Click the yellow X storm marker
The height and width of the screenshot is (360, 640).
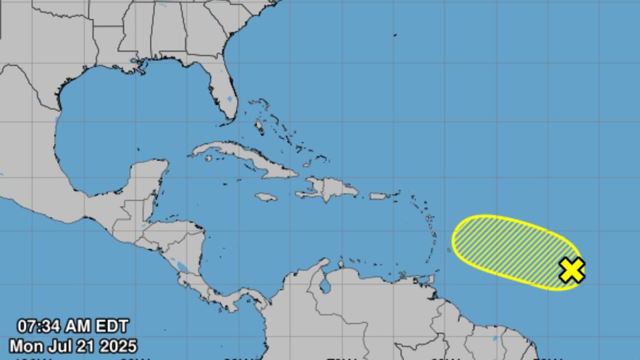pyautogui.click(x=571, y=270)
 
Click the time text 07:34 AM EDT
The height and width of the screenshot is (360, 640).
pyautogui.click(x=73, y=326)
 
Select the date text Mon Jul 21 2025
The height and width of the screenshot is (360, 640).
pyautogui.click(x=73, y=346)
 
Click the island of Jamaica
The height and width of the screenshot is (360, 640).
pyautogui.click(x=266, y=197)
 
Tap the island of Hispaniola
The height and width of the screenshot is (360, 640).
pyautogui.click(x=329, y=189)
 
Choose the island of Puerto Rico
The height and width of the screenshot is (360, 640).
pyautogui.click(x=378, y=196)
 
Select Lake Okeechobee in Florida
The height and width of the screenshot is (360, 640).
pyautogui.click(x=230, y=100)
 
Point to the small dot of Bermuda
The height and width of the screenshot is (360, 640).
pyautogui.click(x=395, y=35)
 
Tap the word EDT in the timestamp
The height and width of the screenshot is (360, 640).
pyautogui.click(x=112, y=326)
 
